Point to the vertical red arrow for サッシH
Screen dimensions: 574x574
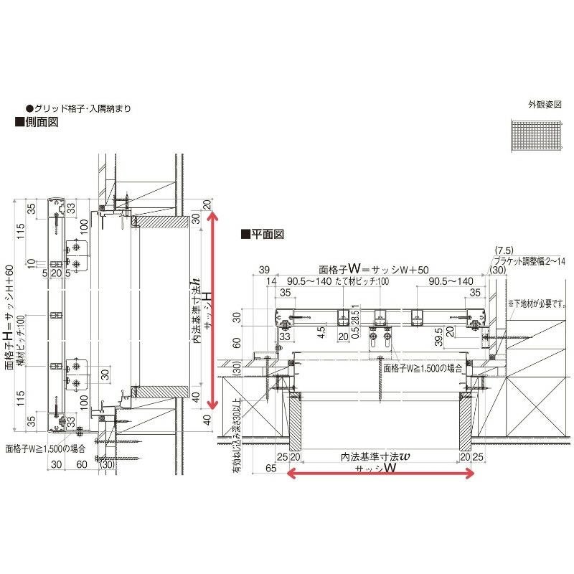click(210, 306)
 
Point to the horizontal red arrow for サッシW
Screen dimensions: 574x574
click(380, 472)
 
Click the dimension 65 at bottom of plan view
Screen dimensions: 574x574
click(270, 467)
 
